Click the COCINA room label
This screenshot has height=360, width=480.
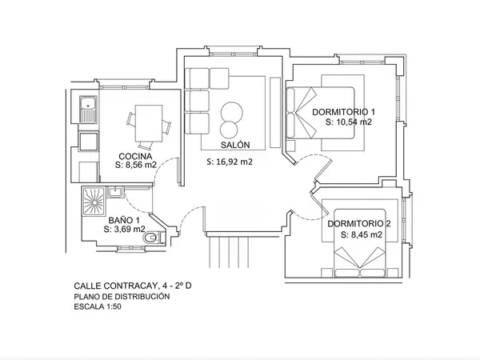coord(135,157)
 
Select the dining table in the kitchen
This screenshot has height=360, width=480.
coord(149,123)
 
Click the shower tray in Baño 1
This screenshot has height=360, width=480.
coord(94,202)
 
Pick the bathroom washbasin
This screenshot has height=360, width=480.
coord(115,192)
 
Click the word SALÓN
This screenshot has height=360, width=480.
coord(235,145)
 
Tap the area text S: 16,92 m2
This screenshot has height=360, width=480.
coord(230,162)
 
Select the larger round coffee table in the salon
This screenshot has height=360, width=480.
coord(232,112)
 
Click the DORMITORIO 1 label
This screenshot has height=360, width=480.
coord(343,112)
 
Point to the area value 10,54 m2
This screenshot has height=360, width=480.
coord(354,122)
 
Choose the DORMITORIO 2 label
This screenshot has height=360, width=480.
coord(359,224)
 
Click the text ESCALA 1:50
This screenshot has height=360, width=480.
coord(98,306)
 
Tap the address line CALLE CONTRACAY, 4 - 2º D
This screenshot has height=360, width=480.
coord(133,286)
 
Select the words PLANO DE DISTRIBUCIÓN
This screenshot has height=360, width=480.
coord(122,296)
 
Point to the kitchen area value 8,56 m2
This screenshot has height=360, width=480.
coord(141,165)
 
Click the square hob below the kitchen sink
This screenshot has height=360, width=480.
coord(89,141)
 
